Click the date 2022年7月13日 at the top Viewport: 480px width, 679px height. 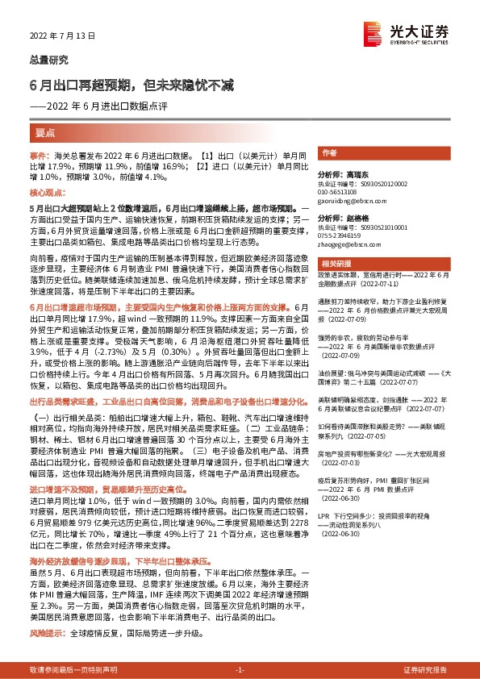pos(62,35)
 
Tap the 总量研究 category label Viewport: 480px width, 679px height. pos(50,60)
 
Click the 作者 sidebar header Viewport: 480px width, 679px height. pos(329,152)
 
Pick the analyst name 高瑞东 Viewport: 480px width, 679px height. pos(353,174)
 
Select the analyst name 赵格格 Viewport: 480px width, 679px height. pos(353,219)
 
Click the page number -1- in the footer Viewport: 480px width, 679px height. pos(240,670)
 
